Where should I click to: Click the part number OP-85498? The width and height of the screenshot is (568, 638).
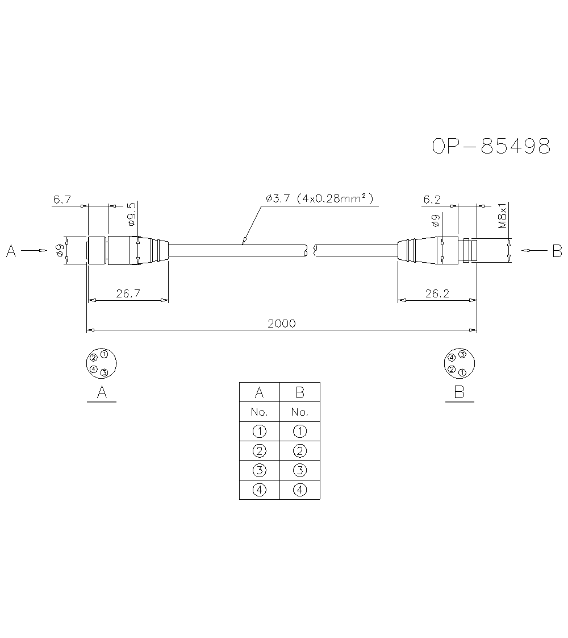coord(491,147)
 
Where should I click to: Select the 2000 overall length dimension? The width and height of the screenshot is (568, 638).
coord(282,324)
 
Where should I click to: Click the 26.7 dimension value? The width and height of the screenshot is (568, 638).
coord(128,293)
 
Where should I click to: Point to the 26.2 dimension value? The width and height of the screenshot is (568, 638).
coord(437,293)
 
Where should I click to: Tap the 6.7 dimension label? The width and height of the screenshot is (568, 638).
coord(62,200)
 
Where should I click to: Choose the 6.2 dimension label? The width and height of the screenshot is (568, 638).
coord(432,200)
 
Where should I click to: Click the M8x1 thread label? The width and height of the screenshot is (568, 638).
coord(503,215)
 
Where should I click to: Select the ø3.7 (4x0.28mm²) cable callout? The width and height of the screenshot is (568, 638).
coord(319,198)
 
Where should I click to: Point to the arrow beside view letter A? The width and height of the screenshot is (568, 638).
coord(34,250)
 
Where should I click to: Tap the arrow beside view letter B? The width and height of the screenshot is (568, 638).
coord(533,250)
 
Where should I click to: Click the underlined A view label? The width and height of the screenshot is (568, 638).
coord(102,392)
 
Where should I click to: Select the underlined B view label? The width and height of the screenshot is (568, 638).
coord(460,392)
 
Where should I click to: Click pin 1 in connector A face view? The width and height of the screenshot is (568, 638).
coord(105,354)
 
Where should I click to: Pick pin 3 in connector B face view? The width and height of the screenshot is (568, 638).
coord(462,355)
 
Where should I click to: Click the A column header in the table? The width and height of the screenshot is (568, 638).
coord(259,392)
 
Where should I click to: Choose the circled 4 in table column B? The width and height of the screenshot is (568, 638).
coord(299,490)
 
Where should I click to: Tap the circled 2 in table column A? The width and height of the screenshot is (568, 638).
coord(259,451)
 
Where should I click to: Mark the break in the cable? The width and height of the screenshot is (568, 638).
coord(311,250)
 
